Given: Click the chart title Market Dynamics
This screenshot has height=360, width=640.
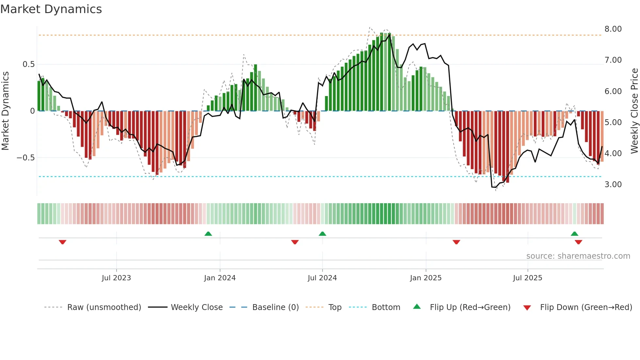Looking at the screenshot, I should (51, 9).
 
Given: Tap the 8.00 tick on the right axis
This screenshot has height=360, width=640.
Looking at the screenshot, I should (613, 29).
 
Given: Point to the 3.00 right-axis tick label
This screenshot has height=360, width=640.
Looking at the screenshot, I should (613, 185).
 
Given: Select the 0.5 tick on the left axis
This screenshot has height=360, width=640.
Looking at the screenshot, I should (28, 64).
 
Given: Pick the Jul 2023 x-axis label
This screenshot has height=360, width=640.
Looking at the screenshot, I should (116, 278).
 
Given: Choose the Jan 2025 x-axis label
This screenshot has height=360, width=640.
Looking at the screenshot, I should (425, 278).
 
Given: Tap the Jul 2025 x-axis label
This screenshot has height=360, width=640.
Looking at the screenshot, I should (527, 278).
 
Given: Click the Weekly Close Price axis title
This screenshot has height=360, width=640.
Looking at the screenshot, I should (634, 111).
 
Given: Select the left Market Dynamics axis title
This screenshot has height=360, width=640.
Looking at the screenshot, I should (5, 111).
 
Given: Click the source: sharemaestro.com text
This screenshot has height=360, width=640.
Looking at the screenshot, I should (578, 256).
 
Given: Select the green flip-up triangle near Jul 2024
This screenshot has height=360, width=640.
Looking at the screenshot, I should (322, 234).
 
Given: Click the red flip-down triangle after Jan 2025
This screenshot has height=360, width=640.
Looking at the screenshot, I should (456, 242).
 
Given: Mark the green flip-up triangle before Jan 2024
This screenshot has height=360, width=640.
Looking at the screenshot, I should (208, 234).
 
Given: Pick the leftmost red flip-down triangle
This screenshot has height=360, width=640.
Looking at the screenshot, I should (62, 242).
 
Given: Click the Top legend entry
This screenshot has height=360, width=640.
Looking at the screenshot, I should (335, 307).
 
